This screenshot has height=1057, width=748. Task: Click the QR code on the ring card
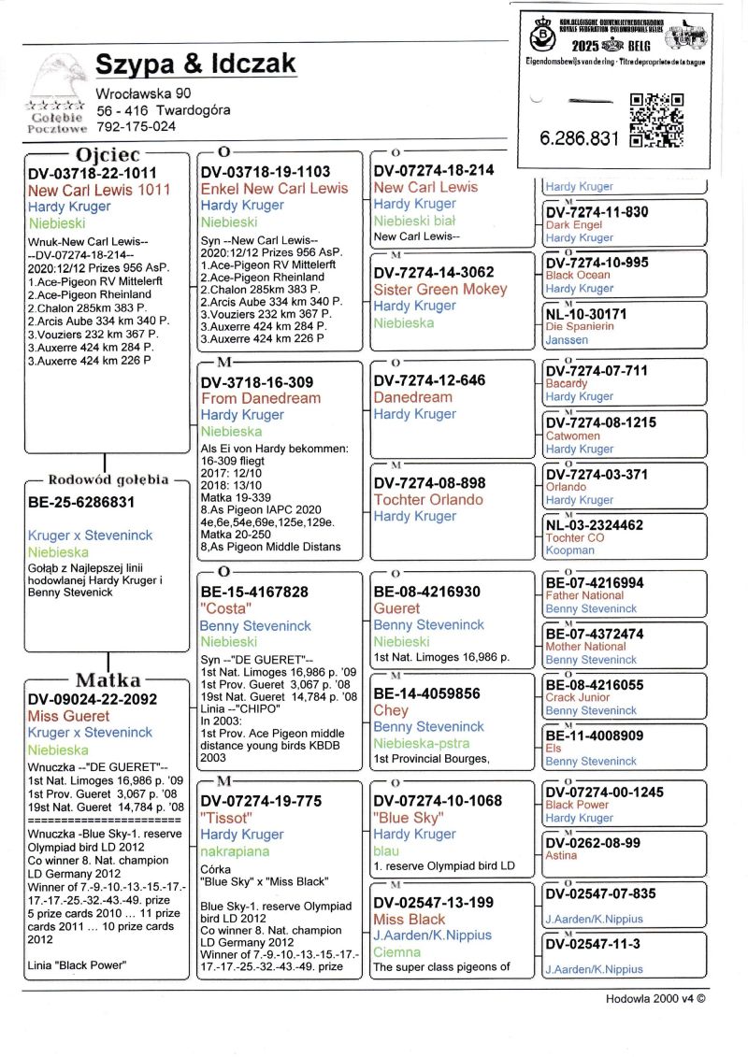point(656,121)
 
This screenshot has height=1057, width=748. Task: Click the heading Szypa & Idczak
point(195,64)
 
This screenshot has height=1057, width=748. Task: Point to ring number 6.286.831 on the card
point(580,138)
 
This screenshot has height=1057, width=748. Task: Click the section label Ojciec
point(108,153)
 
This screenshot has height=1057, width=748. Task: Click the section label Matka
point(108,679)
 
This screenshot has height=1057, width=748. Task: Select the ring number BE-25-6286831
point(81,502)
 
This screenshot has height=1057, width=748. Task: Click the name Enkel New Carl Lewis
point(274,188)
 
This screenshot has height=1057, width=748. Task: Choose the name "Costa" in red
point(223,608)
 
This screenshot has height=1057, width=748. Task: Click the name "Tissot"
point(223,818)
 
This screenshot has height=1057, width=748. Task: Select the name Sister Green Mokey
point(439,289)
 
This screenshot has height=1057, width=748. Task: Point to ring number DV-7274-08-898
point(429,482)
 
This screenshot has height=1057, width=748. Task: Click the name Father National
point(584,595)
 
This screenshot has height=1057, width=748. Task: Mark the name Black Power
point(577,805)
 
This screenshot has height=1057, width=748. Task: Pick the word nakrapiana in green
point(235,851)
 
